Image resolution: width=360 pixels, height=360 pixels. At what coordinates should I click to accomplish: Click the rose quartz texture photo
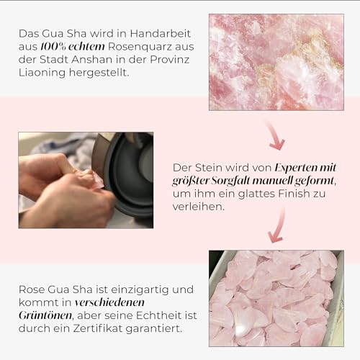[x=276, y=62]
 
